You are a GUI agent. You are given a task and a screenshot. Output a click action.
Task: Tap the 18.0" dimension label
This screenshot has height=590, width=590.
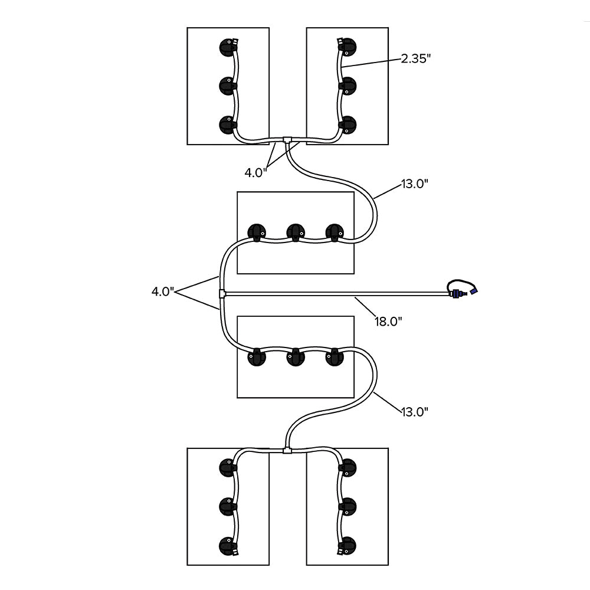point(389,321)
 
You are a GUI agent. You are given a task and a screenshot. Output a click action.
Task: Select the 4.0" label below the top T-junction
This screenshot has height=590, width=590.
point(256,172)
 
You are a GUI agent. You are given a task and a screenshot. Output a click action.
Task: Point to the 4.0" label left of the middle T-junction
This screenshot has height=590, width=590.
point(162,291)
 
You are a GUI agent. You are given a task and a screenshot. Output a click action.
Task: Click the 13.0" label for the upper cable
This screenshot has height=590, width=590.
point(414,183)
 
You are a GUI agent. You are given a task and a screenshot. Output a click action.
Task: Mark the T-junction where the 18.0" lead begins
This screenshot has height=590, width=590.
point(222,293)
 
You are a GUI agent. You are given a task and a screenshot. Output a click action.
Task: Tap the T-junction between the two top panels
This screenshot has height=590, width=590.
point(287,140)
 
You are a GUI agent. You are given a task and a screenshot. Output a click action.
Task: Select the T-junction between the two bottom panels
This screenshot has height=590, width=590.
point(287,450)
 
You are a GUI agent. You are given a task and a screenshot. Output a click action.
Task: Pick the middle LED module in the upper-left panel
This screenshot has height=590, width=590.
point(227,86)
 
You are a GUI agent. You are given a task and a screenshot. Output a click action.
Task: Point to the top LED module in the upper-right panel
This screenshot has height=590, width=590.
point(348,47)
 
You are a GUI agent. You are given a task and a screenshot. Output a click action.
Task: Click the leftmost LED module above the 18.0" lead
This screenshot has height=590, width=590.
point(257,232)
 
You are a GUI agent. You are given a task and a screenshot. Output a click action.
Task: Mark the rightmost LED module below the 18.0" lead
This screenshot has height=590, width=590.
point(335,358)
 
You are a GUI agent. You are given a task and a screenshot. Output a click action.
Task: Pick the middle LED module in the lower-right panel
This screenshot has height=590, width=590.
point(348,505)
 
